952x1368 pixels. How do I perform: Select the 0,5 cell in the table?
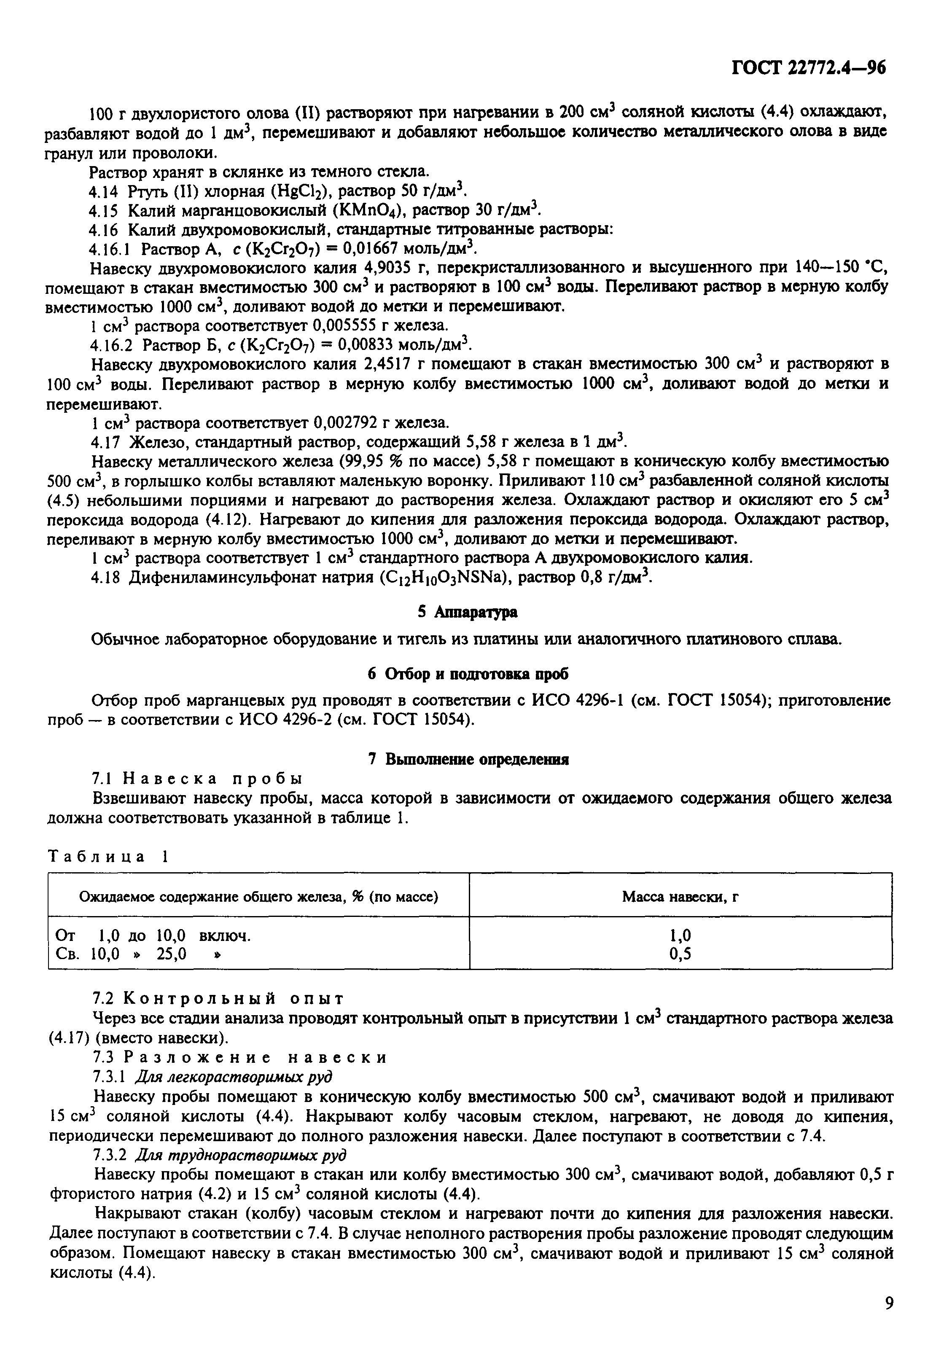(x=680, y=954)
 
